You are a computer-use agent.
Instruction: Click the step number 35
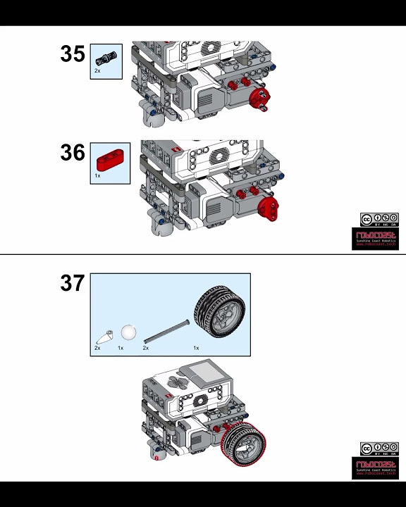pyautogui.click(x=73, y=54)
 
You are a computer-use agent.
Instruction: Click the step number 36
pyautogui.click(x=73, y=153)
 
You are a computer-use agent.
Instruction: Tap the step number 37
pyautogui.click(x=73, y=283)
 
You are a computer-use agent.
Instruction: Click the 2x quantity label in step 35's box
pyautogui.click(x=97, y=70)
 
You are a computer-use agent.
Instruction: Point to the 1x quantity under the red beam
pyautogui.click(x=97, y=176)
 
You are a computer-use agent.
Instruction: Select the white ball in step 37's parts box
pyautogui.click(x=128, y=332)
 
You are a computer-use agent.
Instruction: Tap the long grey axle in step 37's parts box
pyautogui.click(x=166, y=331)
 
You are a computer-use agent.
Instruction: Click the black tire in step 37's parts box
pyautogui.click(x=220, y=311)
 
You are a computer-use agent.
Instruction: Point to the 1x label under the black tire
pyautogui.click(x=196, y=348)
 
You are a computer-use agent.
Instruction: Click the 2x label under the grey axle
pyautogui.click(x=146, y=348)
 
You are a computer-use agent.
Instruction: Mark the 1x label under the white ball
pyautogui.click(x=121, y=348)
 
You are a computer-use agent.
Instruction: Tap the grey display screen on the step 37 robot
pyautogui.click(x=202, y=372)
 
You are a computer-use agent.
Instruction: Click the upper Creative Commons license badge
pyautogui.click(x=379, y=220)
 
